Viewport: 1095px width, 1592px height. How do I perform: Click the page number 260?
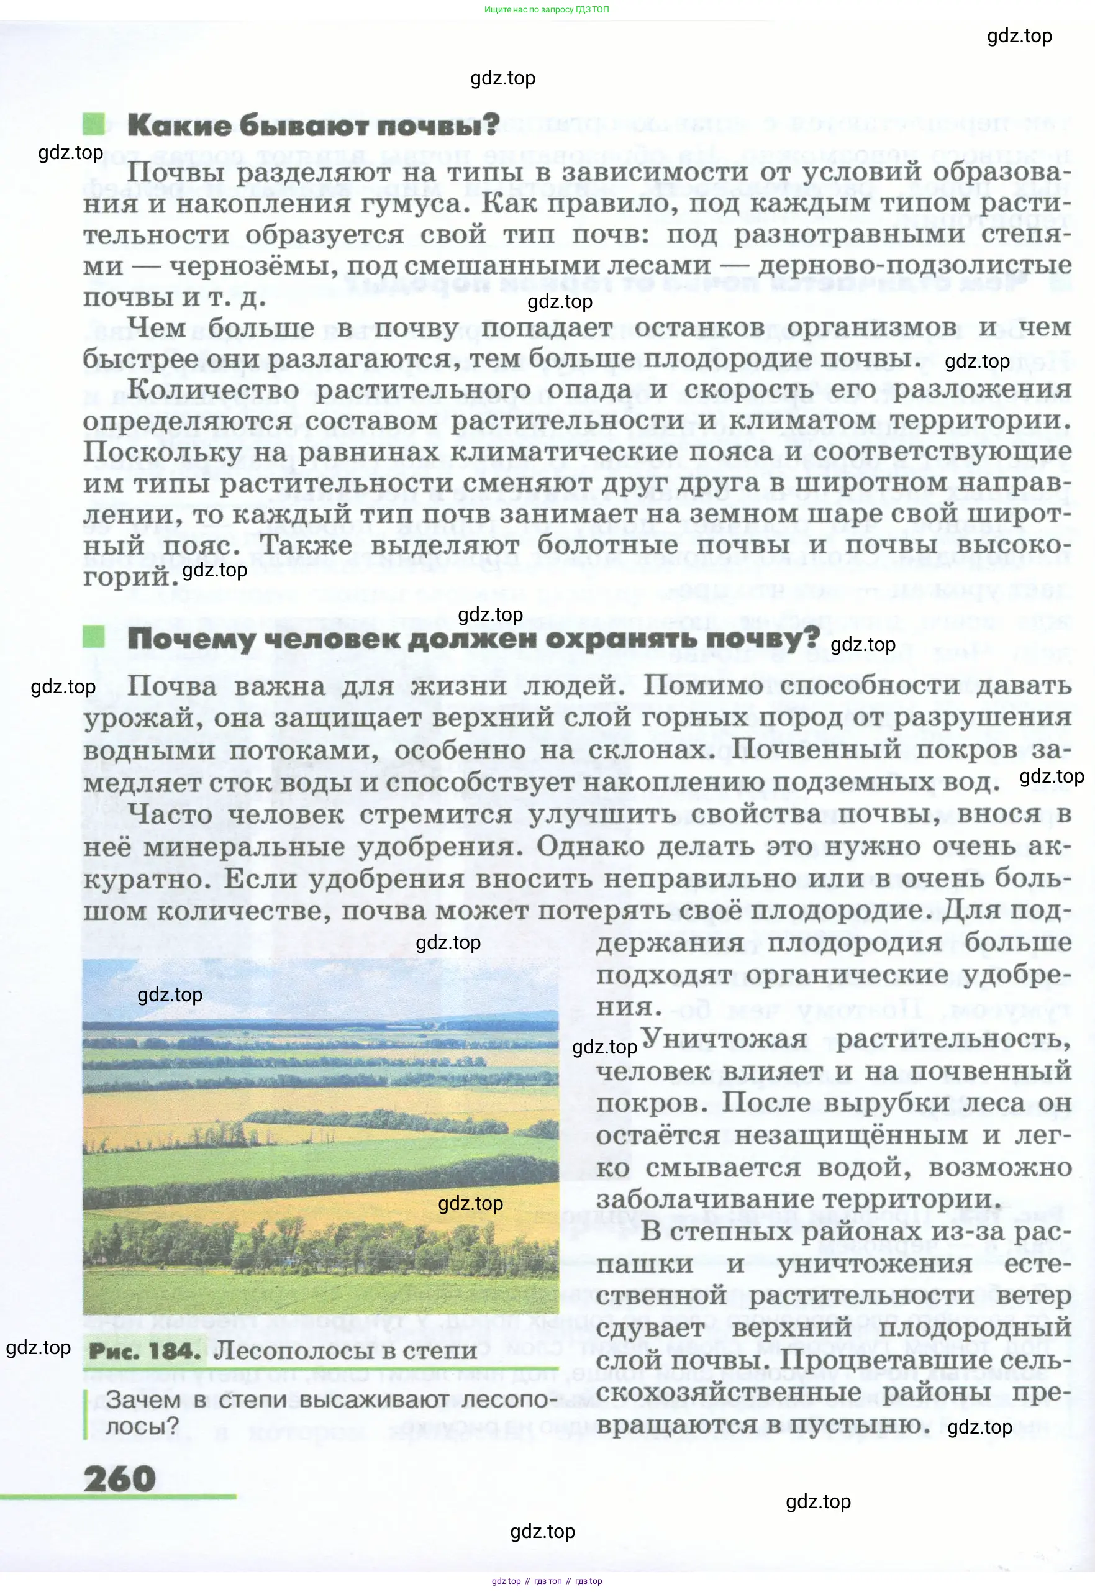tap(119, 1478)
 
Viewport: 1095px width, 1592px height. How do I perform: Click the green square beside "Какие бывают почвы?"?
tap(93, 124)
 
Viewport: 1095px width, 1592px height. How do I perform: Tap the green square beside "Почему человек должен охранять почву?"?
tap(93, 637)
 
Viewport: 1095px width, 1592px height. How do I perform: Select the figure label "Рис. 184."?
tap(145, 1350)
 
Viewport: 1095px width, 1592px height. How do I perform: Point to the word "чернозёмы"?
tap(253, 266)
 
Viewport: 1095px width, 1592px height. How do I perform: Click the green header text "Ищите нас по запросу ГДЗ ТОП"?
tap(546, 9)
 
